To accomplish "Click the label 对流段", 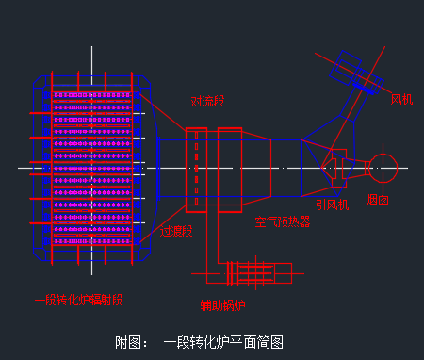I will click(x=207, y=102).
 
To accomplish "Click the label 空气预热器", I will click(x=282, y=223).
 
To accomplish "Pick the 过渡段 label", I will click(x=175, y=231).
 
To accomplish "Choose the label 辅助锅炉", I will click(x=222, y=304).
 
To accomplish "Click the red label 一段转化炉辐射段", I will click(x=78, y=300).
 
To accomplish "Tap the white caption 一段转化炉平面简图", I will click(x=223, y=342).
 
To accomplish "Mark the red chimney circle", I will click(x=383, y=168).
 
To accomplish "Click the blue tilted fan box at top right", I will click(x=347, y=70).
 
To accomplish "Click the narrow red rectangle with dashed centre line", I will click(x=196, y=169).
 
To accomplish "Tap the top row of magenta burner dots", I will click(x=94, y=95).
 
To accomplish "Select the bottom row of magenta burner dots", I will click(x=94, y=242).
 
